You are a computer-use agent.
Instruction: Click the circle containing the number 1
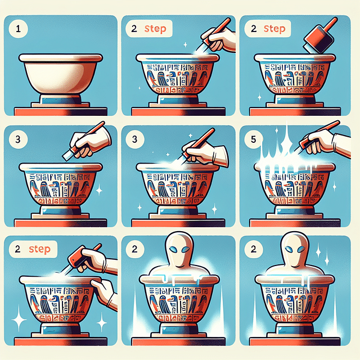pos(18,29)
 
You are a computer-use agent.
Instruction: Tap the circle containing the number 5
pos(253,139)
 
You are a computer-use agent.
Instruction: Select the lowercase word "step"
pos(39,249)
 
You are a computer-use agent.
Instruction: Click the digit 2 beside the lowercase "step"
pos(17,249)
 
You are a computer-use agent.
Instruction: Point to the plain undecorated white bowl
pos(61,74)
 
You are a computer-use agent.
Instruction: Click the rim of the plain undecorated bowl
pos(61,58)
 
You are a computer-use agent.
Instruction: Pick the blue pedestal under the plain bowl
pos(61,101)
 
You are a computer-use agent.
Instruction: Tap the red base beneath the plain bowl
pos(61,111)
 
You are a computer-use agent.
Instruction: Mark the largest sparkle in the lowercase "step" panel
pos(19,319)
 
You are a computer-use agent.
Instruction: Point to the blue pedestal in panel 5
pos(295,210)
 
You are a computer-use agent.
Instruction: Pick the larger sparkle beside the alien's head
pos(318,250)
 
